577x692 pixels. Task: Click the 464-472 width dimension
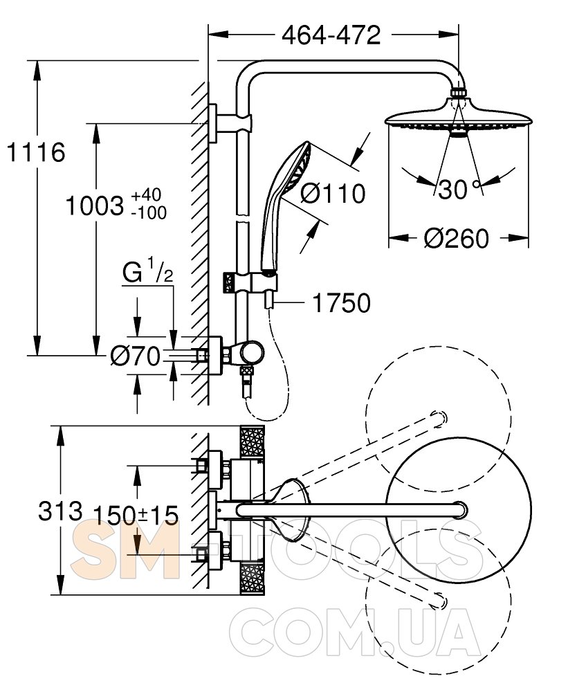point(331,35)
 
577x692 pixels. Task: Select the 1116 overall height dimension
point(36,153)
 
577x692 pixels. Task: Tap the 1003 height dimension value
point(95,206)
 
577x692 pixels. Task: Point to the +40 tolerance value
point(147,194)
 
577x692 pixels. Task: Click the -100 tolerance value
point(149,213)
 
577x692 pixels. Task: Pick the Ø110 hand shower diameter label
point(333,193)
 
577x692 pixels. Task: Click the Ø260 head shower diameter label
point(457,238)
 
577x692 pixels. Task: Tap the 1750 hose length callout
point(342,303)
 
